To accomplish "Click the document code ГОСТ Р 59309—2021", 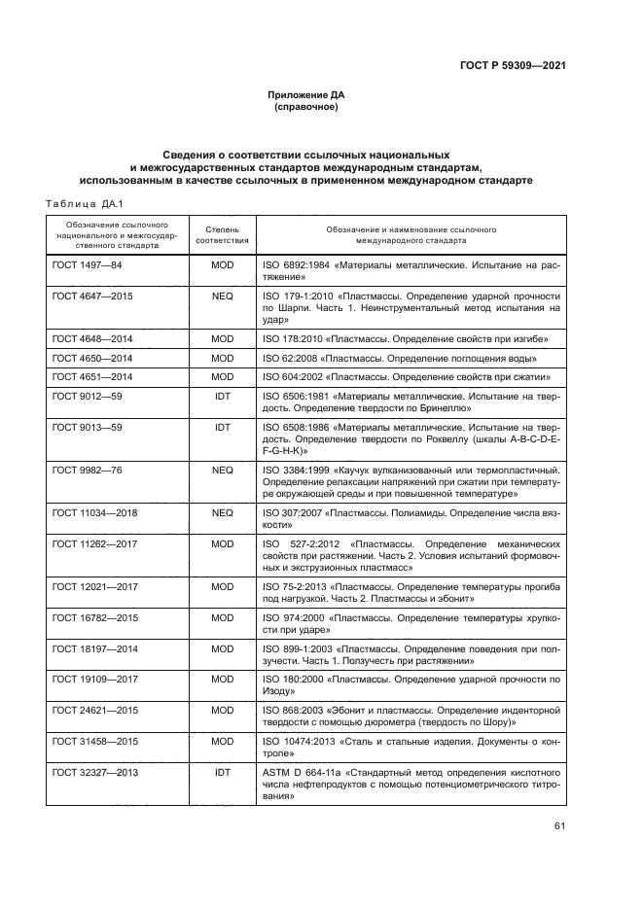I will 513,65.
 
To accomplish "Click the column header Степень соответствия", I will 222,232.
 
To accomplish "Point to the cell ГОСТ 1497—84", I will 86,264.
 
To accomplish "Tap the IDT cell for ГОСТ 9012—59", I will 222,397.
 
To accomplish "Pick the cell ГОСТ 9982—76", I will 86,470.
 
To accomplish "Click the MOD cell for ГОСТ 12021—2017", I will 222,587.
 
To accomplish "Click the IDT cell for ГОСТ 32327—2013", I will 222,773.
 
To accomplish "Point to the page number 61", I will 558,827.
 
